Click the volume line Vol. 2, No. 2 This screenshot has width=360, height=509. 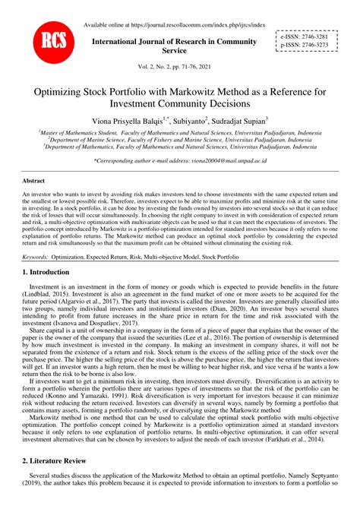point(180,68)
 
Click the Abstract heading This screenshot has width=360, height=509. point(33,182)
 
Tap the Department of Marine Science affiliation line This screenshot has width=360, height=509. point(180,139)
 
